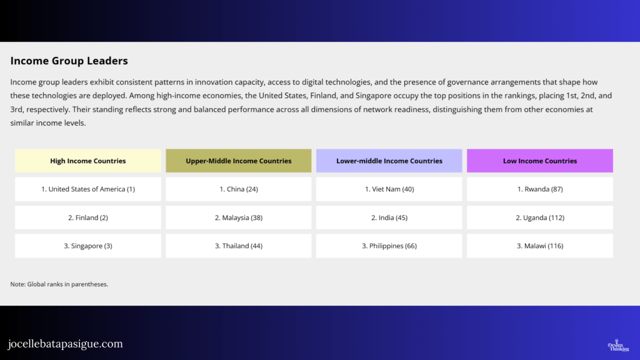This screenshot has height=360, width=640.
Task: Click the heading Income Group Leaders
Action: point(69,61)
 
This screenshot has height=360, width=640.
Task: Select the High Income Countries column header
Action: point(88,161)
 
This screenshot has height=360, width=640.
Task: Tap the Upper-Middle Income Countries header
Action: point(239,161)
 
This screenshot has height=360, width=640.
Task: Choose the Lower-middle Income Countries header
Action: point(389,161)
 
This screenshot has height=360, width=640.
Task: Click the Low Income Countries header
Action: point(540,161)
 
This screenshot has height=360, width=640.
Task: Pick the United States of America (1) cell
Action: point(88,189)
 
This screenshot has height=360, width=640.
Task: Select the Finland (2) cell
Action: point(88,217)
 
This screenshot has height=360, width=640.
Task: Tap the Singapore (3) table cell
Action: point(88,246)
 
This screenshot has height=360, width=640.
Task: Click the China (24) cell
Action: point(239,189)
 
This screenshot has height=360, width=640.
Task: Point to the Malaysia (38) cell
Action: point(239,217)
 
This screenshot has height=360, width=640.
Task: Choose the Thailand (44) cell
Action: point(239,246)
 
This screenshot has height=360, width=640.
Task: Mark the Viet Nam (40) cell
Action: point(389,189)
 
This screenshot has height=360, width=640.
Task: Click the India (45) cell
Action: point(389,217)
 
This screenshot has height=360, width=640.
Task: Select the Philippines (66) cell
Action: point(389,246)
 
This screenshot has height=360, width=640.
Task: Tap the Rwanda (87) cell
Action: point(540,189)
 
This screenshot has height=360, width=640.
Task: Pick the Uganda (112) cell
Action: point(540,217)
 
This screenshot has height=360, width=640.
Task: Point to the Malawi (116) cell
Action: point(540,246)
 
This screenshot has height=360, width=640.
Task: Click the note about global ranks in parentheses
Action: point(59,284)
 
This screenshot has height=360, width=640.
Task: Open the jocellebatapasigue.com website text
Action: point(65,344)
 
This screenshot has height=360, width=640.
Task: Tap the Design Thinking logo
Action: point(619,345)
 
